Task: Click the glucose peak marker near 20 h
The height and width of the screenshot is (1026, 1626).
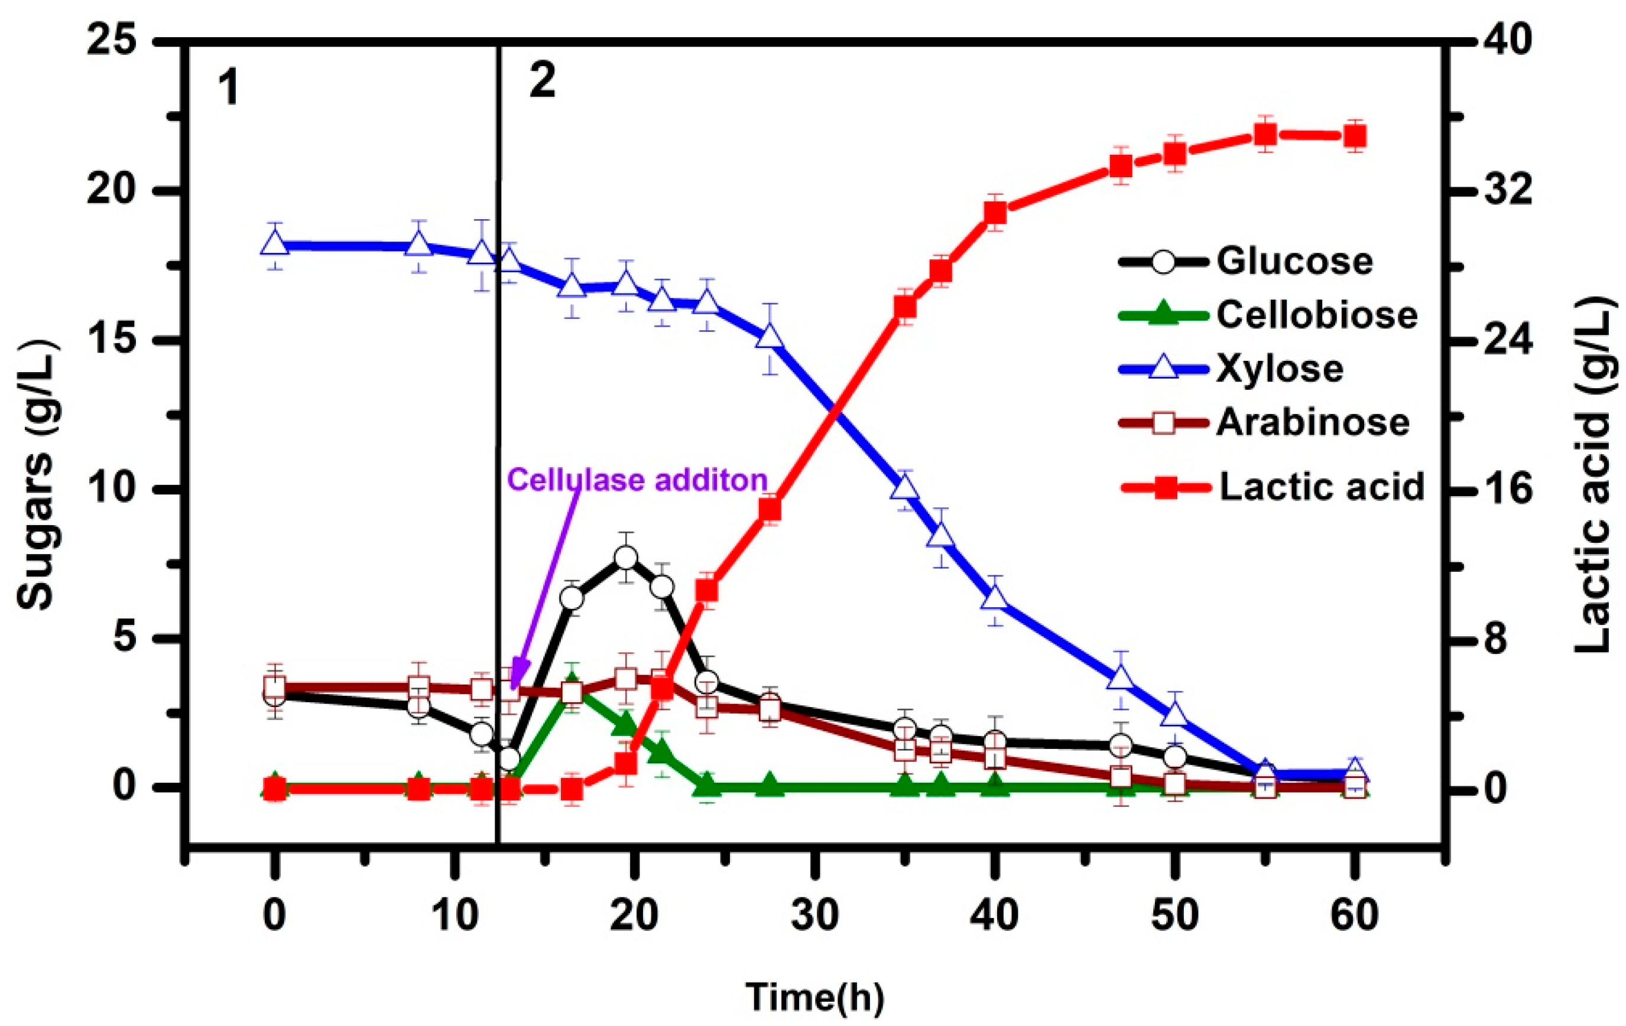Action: (626, 558)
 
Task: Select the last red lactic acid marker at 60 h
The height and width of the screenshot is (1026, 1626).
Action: (1355, 137)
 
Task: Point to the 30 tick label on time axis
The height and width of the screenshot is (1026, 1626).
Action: (815, 916)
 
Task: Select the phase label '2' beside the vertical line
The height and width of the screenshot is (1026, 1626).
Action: (542, 81)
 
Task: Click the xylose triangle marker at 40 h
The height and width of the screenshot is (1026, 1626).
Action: (995, 599)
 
